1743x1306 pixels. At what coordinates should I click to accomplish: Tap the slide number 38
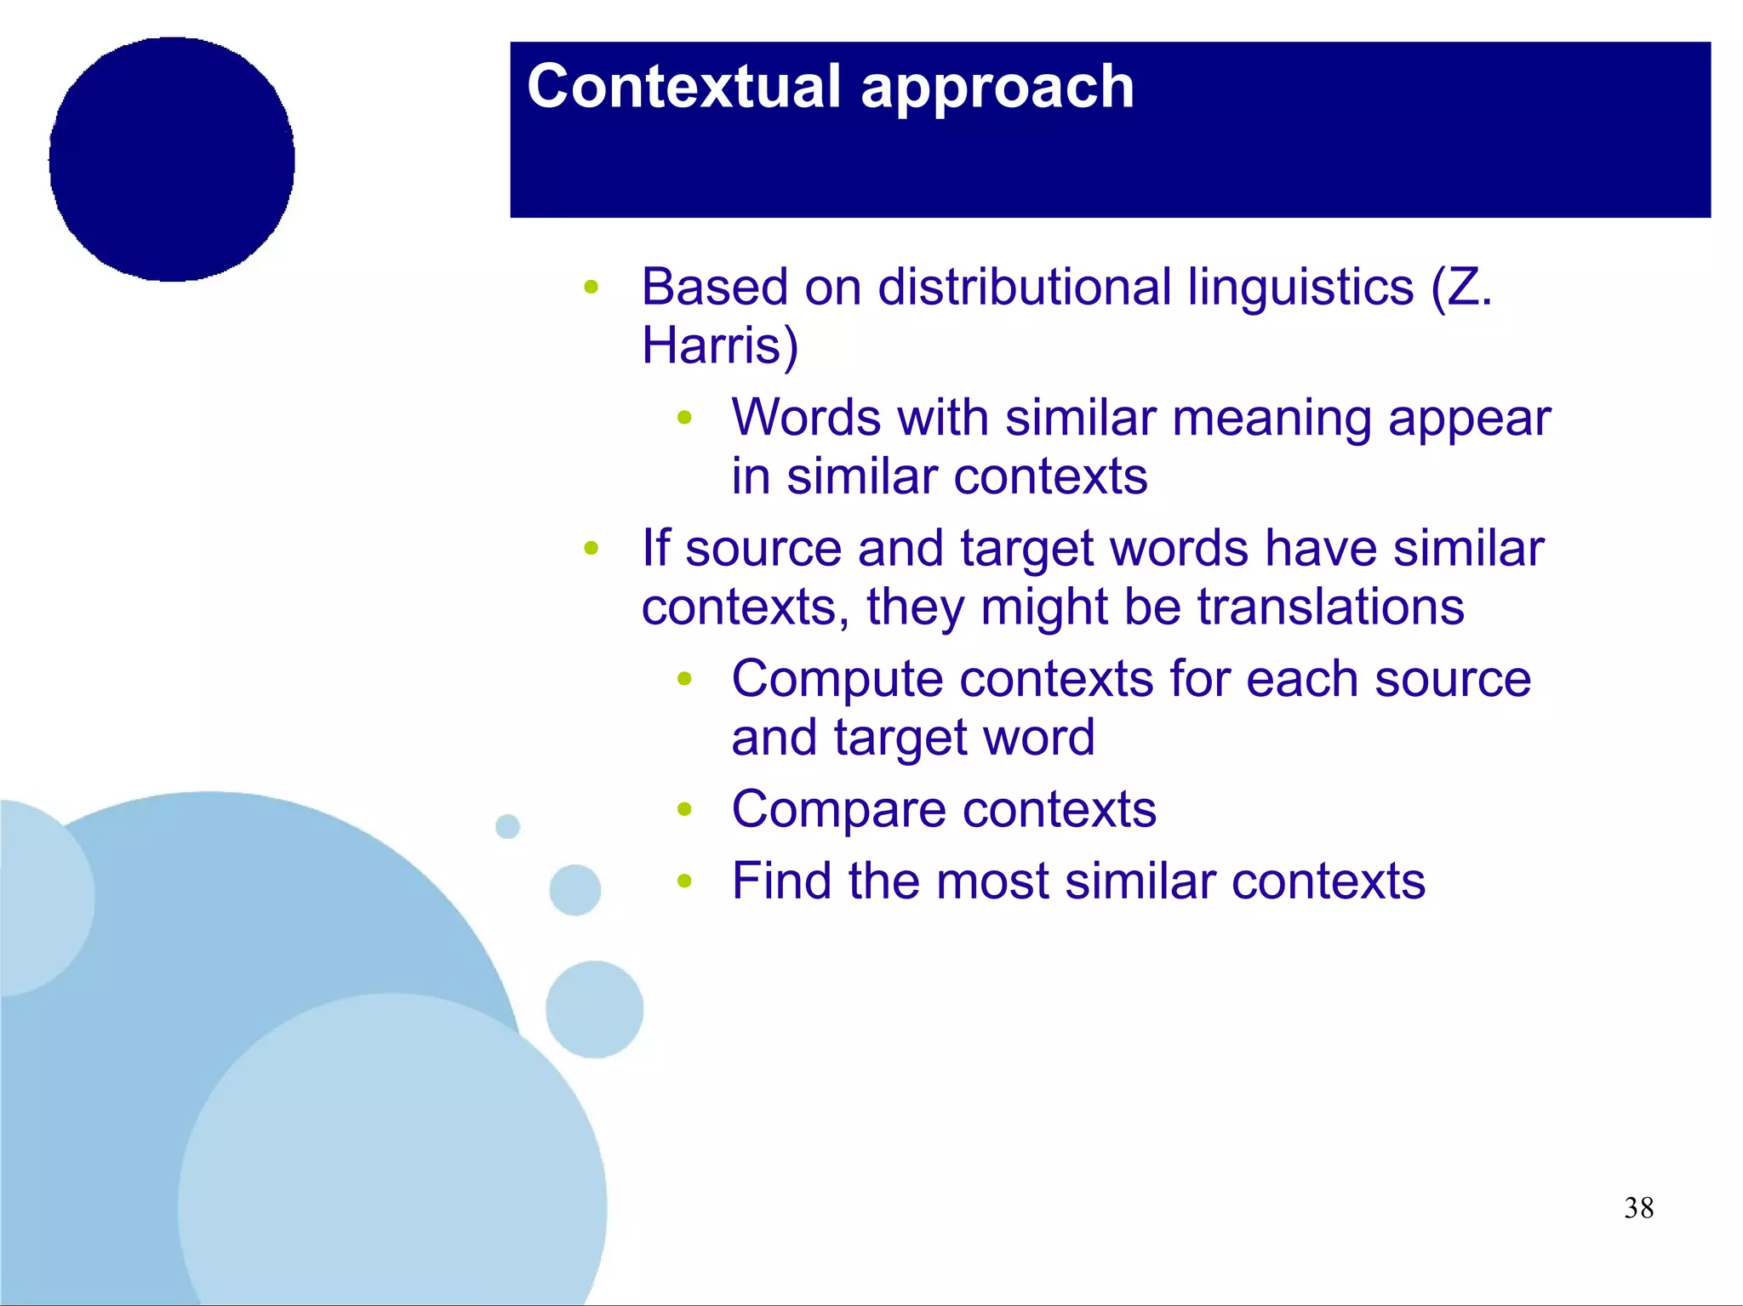tap(1637, 1207)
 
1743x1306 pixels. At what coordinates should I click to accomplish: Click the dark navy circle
tap(172, 159)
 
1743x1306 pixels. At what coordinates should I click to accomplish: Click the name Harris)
tap(719, 345)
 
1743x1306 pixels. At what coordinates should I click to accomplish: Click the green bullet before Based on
tap(591, 287)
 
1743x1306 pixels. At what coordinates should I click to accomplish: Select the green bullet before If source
tap(591, 549)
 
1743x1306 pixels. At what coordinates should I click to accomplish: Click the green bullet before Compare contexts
tap(684, 809)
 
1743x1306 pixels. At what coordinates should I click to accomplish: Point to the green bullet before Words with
tap(684, 418)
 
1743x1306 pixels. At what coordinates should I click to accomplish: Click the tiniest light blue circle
tap(507, 826)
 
